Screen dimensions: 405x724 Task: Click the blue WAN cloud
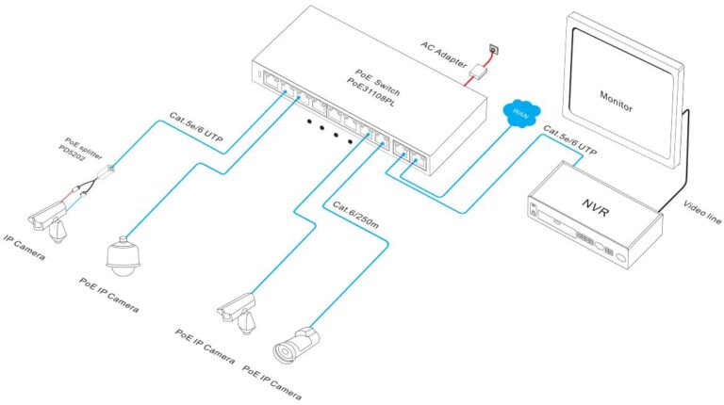click(517, 114)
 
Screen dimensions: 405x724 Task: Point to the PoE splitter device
click(112, 169)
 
